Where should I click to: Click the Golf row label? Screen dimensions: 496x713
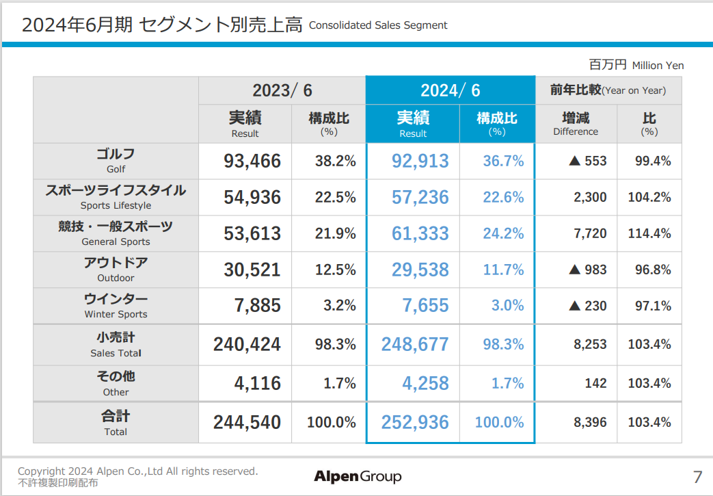click(116, 161)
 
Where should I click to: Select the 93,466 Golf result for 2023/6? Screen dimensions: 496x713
click(252, 161)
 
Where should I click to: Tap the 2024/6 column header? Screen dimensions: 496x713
click(450, 90)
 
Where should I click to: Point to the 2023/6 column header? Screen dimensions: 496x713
click(282, 90)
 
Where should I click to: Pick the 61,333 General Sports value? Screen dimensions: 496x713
click(420, 233)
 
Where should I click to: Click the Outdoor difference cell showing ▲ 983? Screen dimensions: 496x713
click(587, 270)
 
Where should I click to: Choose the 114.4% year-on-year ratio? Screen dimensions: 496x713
click(649, 233)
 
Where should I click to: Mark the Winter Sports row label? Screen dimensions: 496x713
click(116, 306)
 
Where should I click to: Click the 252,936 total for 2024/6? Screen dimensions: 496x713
click(415, 422)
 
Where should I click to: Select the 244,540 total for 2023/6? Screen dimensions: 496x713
click(247, 422)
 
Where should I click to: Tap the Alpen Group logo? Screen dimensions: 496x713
click(358, 476)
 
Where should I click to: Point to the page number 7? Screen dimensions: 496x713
click(697, 477)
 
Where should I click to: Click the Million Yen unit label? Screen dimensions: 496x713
click(636, 65)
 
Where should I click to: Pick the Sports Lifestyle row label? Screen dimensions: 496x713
click(116, 197)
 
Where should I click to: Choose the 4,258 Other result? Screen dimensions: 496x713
click(425, 383)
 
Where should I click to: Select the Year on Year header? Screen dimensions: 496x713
click(608, 90)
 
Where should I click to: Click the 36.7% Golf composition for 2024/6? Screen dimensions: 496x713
click(503, 161)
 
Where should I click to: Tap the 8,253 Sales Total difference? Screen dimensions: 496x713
click(590, 344)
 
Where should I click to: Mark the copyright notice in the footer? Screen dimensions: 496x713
click(137, 471)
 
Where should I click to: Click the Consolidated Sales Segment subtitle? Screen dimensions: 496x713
click(378, 25)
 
